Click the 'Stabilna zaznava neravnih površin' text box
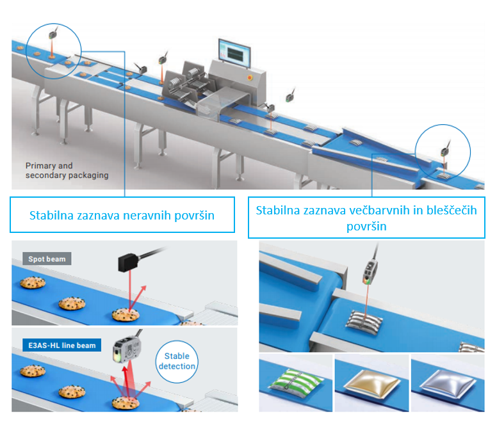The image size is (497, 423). [x=122, y=216]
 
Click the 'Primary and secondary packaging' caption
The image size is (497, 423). [x=67, y=170]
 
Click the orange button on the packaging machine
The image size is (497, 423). [x=250, y=76]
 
